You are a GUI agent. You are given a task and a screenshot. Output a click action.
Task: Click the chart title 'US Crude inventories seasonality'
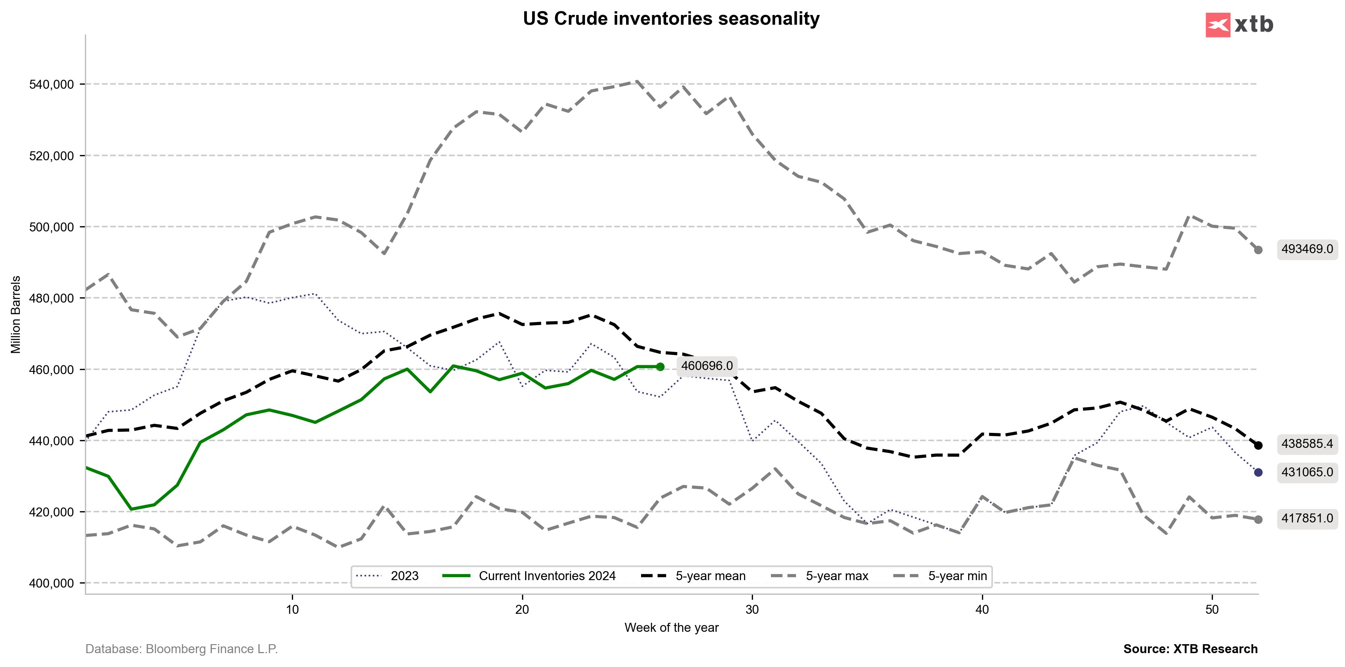671,19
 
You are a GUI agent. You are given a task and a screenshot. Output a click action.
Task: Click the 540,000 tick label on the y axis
52,85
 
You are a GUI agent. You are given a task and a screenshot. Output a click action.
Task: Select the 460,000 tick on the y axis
52,370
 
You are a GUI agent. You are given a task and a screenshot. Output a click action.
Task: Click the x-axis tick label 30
752,610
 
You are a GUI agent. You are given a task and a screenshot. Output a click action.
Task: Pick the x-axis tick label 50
1212,610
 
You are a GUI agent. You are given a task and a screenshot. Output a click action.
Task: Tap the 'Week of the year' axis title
671,628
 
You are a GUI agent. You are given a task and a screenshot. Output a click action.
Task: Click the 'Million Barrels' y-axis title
16,315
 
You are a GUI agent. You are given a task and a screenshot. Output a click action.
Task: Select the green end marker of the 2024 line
660,367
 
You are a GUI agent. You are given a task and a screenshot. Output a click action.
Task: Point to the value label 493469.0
1307,249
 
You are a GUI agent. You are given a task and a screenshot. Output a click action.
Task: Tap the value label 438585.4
1307,444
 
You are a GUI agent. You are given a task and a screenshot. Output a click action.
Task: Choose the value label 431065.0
1307,472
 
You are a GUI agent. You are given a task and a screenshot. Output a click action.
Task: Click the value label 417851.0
1307,518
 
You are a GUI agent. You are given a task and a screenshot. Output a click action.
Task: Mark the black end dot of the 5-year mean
1258,446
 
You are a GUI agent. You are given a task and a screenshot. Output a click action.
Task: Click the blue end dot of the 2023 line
1258,473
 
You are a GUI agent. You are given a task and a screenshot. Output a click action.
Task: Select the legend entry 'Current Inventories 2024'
547,576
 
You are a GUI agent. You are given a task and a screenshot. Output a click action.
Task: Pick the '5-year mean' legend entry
710,576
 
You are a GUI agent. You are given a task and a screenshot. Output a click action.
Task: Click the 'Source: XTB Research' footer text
1190,649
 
